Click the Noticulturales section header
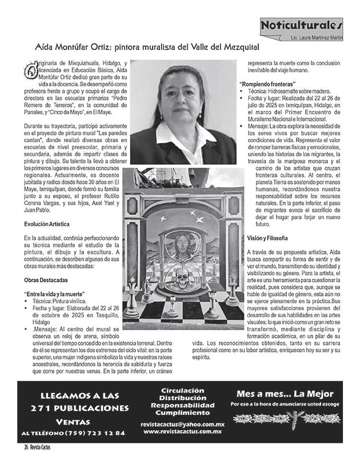point(301,26)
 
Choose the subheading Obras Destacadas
point(46,280)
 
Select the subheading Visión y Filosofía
point(267,237)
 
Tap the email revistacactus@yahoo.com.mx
point(182,424)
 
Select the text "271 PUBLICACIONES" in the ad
point(79,408)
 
